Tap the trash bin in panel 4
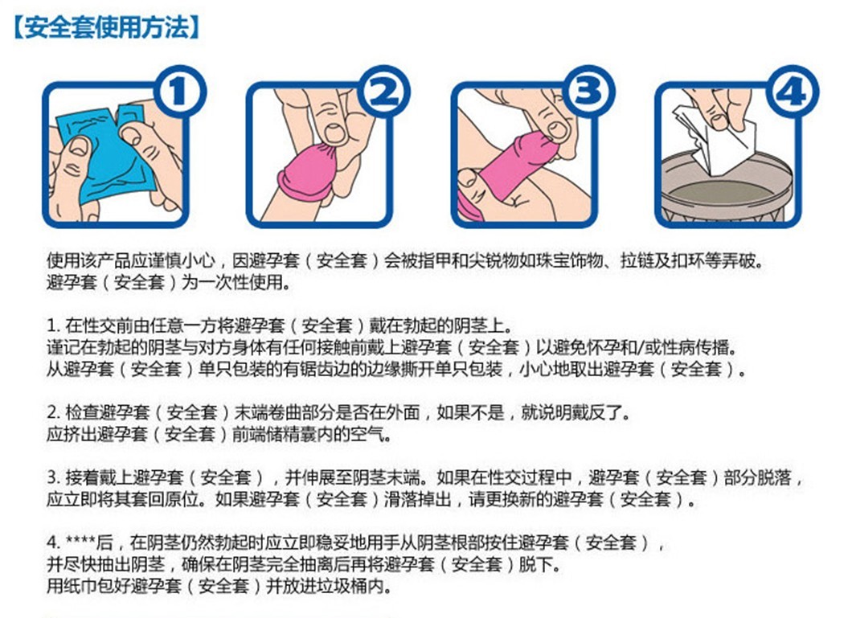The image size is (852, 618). (723, 197)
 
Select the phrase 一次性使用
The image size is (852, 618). (241, 284)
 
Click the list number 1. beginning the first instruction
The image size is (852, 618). (54, 327)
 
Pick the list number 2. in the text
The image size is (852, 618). (54, 414)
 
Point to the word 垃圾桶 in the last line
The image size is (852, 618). (347, 587)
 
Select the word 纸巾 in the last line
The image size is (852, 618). (80, 587)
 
